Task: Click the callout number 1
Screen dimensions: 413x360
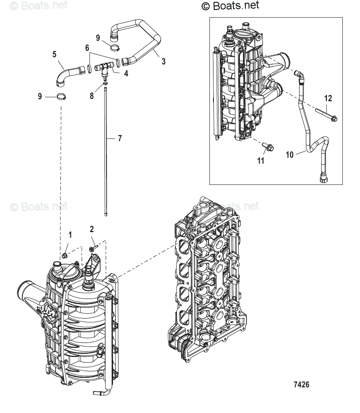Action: coord(70,235)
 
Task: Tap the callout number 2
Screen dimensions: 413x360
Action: coord(92,229)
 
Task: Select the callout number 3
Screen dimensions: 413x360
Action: coord(163,61)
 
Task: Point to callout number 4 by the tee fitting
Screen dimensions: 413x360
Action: coord(126,74)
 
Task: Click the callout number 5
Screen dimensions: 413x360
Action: coord(55,54)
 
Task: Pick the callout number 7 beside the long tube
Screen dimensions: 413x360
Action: coord(120,138)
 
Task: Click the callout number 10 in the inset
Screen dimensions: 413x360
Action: coord(290,154)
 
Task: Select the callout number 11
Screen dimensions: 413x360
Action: coord(261,161)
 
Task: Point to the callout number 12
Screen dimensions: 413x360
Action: coord(328,98)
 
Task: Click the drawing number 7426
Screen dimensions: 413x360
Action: coord(301,385)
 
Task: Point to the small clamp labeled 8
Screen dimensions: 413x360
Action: coord(105,83)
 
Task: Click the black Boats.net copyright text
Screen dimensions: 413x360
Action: coord(230,5)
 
